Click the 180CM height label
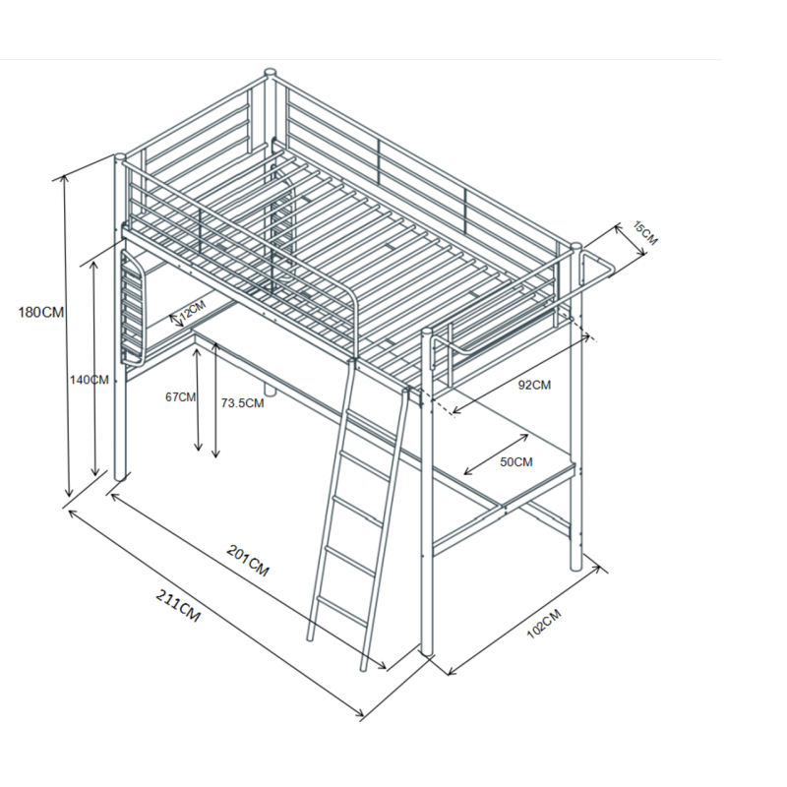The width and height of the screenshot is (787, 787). [40, 313]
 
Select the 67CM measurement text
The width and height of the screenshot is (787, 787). [180, 397]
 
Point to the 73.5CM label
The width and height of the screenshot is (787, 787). [242, 402]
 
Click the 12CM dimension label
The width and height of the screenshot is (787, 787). [193, 312]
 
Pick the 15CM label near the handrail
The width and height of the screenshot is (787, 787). [644, 234]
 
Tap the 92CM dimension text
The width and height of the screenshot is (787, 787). [534, 385]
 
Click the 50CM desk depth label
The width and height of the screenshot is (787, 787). [516, 461]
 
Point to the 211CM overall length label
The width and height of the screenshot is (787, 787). [178, 605]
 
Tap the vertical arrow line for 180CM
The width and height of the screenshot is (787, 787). [67, 334]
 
